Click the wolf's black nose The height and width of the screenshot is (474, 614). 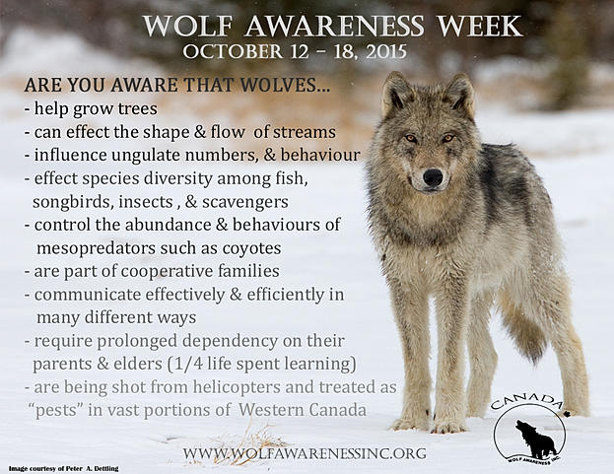coord(433,177)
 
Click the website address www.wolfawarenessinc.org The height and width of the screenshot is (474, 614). coord(305,453)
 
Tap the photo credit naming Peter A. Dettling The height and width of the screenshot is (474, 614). coord(63,468)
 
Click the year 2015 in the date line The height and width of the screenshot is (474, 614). coord(386,52)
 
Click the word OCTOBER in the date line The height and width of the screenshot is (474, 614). coord(233,52)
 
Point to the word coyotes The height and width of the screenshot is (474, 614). coord(251,248)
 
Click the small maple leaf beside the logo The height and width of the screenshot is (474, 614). coord(567,413)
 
